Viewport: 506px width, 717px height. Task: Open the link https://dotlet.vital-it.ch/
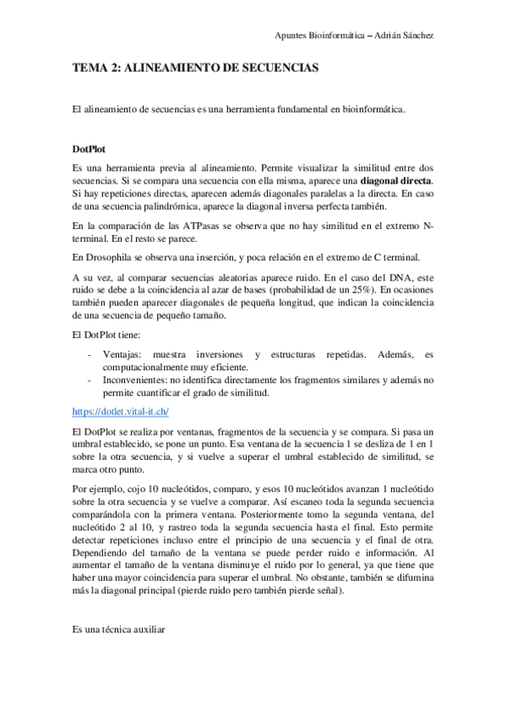click(121, 412)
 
